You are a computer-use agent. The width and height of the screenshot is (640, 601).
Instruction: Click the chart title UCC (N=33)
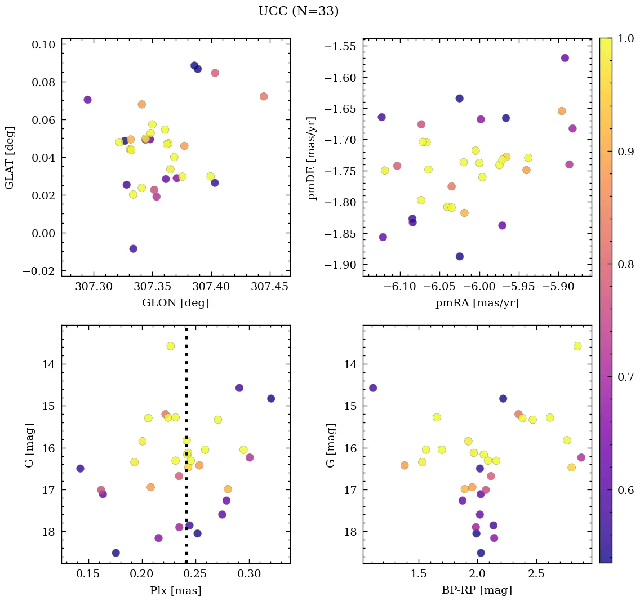298,11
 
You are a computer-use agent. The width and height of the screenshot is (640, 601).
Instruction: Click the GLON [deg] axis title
175,303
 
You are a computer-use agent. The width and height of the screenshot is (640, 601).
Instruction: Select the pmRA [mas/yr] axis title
477,303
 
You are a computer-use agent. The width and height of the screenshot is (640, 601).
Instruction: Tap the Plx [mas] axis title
175,590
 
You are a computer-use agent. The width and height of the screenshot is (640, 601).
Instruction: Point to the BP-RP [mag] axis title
477,590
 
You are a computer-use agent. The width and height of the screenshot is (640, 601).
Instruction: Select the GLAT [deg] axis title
10,158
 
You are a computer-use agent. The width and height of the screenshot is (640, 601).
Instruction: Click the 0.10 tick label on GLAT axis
43,44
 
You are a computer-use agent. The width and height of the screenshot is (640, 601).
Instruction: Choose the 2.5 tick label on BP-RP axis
536,574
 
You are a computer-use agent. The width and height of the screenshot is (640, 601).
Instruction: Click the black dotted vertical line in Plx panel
186,394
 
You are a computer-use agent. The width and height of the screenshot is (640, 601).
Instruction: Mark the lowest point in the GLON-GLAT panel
133,249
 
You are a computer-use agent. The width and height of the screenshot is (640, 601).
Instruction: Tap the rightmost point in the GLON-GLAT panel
264,96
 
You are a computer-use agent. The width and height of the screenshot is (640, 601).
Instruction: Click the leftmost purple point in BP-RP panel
372,388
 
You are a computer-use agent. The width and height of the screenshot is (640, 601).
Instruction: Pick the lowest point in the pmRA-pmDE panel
460,256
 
